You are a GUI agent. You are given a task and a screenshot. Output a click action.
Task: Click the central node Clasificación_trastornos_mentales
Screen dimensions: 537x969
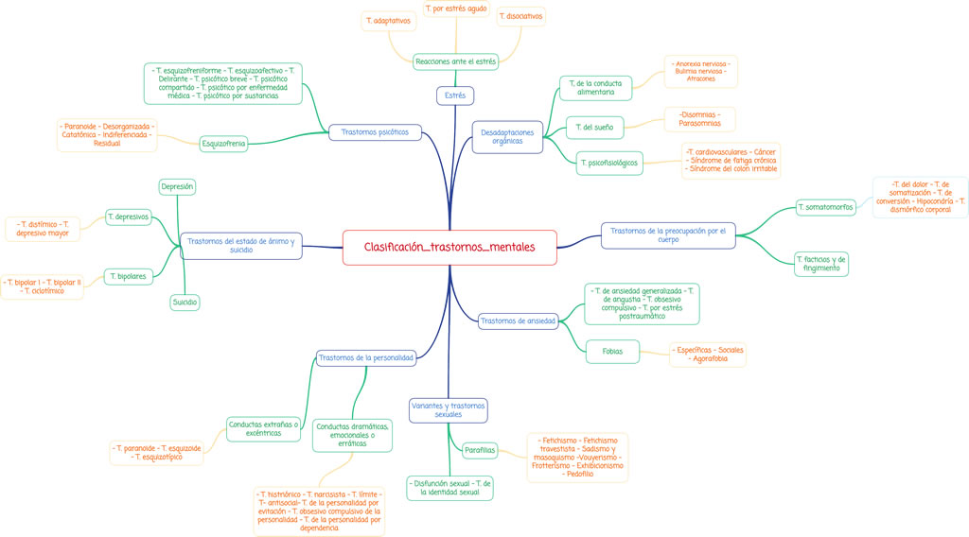coord(449,247)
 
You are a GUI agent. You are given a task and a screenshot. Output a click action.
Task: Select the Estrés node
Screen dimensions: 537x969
coord(455,95)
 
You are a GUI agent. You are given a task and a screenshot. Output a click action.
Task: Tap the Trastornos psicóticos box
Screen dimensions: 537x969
coord(375,132)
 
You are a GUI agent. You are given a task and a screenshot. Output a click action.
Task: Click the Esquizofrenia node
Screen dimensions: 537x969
coord(223,144)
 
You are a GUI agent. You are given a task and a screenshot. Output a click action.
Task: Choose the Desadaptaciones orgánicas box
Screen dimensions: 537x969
coord(507,137)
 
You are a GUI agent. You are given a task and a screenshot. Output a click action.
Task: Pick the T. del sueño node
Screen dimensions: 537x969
coord(594,127)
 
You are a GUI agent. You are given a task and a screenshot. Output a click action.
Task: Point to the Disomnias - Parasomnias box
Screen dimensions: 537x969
coord(699,119)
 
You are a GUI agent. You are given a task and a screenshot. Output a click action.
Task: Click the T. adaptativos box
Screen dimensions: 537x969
coord(388,21)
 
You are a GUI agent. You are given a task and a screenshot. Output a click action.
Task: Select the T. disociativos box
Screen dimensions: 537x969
coord(521,16)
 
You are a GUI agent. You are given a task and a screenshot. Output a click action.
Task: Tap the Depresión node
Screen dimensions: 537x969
coord(177,187)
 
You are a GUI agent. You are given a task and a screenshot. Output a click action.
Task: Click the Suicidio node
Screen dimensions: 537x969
coord(185,303)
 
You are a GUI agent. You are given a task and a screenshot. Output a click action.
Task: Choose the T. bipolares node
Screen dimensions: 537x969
coord(128,276)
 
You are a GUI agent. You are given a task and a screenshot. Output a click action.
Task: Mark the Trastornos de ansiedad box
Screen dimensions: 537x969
coord(518,321)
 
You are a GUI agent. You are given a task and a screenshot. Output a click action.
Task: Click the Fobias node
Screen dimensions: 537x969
coord(612,352)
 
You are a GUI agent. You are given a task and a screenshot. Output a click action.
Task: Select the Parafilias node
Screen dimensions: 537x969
coord(480,450)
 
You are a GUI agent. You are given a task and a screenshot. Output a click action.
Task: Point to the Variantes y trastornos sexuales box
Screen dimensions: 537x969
coord(449,410)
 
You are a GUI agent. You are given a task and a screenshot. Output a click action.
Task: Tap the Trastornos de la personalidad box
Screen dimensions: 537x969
coord(365,358)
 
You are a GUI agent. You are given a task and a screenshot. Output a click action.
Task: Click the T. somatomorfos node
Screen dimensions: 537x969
coord(825,207)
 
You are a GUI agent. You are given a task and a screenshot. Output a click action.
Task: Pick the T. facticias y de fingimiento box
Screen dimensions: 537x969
coord(820,264)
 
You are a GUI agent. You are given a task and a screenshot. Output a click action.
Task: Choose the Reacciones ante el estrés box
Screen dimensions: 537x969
coord(455,61)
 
